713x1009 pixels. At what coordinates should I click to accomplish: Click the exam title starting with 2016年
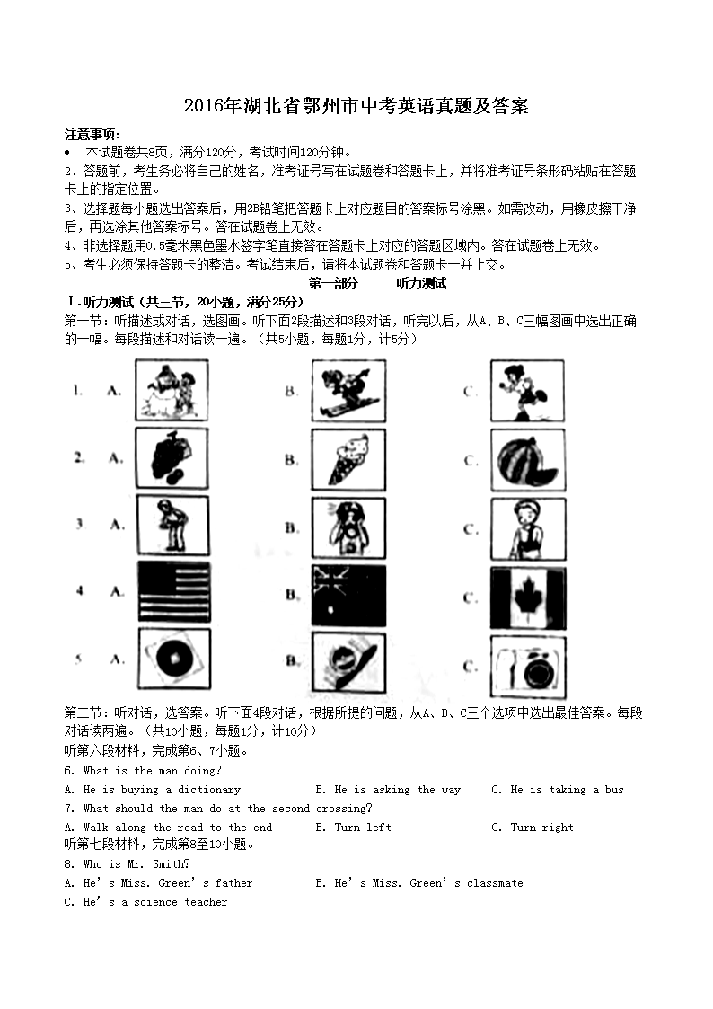356,106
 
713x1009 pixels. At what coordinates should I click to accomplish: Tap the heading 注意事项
92,134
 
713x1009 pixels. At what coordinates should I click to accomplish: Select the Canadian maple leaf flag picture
528,597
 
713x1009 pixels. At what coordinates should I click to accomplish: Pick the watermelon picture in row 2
528,460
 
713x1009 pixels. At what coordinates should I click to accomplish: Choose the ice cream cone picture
348,459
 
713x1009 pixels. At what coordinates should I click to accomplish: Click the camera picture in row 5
528,667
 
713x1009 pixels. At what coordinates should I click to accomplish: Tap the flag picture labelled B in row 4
348,595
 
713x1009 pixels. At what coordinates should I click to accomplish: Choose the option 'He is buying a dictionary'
154,790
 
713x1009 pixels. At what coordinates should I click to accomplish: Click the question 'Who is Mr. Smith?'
127,864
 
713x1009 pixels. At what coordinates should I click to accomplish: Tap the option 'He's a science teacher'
146,902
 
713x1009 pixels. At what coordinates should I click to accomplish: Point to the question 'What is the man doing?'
143,771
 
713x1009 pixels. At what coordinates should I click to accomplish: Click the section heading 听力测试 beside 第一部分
421,283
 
